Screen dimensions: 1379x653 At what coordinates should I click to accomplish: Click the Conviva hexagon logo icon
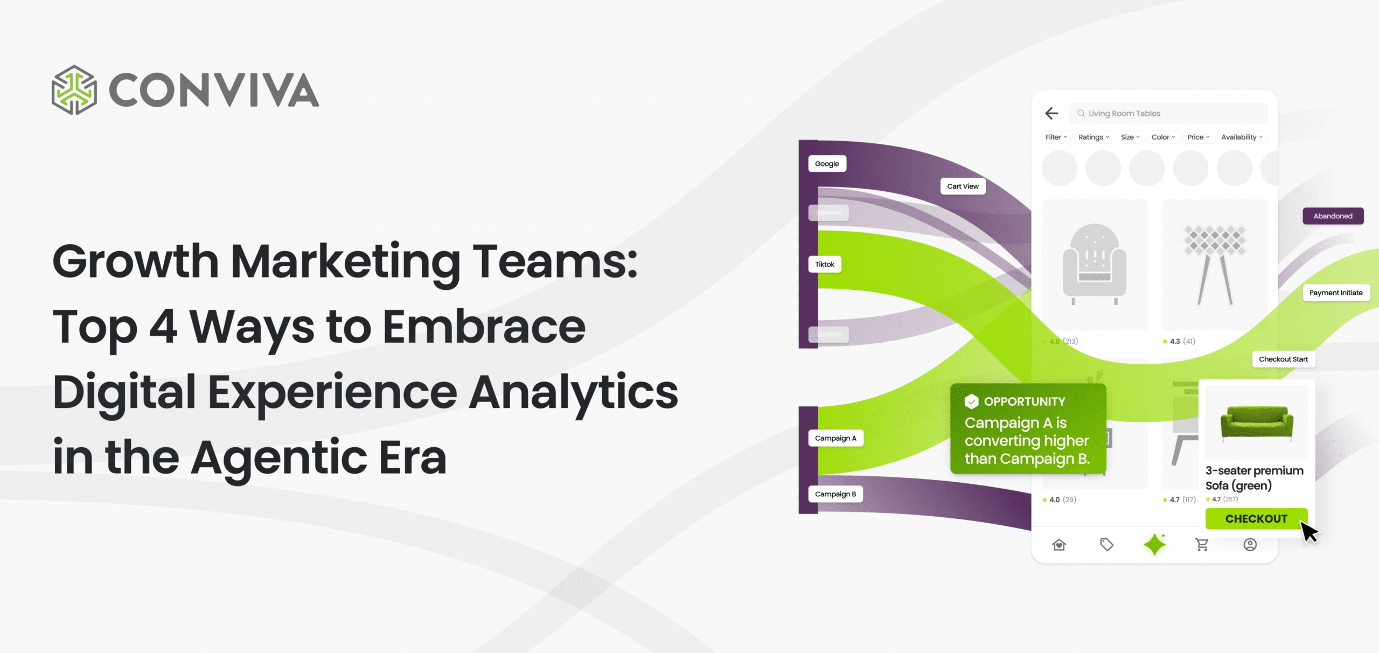click(74, 90)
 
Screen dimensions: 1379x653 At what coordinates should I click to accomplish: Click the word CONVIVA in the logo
click(214, 90)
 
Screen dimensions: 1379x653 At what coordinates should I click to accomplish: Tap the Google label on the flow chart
click(827, 164)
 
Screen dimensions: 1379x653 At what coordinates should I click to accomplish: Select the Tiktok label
click(825, 264)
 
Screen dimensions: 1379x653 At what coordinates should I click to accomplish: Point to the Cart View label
click(963, 186)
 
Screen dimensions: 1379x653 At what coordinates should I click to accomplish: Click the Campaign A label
click(835, 438)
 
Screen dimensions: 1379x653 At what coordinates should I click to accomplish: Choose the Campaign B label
click(835, 494)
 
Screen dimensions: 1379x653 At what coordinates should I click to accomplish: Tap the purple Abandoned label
click(1333, 216)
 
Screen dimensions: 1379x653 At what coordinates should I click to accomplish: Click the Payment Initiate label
click(1336, 293)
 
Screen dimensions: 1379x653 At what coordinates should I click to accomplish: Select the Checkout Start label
click(1283, 359)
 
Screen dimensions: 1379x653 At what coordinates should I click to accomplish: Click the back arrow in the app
click(1051, 113)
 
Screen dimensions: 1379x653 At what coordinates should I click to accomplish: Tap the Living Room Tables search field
click(1169, 113)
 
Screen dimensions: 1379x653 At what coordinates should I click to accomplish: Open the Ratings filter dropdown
click(1094, 137)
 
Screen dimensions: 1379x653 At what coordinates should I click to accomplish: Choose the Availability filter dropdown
click(1242, 137)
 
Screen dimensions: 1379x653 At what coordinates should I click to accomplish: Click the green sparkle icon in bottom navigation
click(1155, 544)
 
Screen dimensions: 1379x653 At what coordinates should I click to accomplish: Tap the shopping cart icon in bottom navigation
click(1202, 545)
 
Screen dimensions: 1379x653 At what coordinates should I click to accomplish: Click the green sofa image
click(1257, 423)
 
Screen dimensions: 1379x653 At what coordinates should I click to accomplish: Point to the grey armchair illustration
click(1094, 264)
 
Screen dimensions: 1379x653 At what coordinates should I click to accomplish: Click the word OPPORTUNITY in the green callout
click(1025, 401)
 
